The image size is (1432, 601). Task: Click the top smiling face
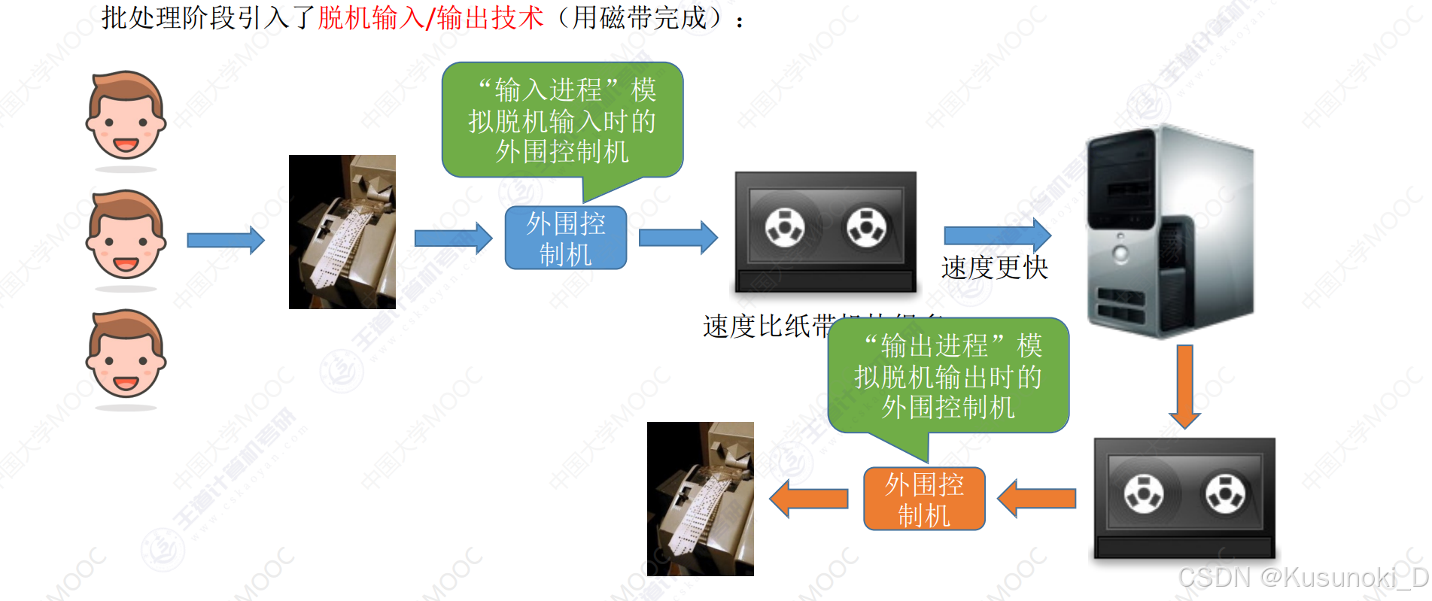126,117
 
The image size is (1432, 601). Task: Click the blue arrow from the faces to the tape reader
226,240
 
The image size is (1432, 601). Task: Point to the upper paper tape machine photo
342,232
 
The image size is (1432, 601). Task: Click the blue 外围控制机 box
565,238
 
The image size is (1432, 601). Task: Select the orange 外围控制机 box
924,499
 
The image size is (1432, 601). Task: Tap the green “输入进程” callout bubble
562,120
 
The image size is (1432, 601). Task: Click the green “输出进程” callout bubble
948,376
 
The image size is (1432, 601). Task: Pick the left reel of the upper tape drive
785,226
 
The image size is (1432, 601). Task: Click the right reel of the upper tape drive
866,226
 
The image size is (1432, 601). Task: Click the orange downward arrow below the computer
1184,386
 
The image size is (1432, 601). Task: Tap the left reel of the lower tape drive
1144,493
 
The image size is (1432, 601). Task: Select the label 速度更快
994,267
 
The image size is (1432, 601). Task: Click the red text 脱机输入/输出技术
430,17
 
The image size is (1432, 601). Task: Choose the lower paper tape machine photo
701,499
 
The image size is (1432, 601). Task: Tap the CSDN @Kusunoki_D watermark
1303,578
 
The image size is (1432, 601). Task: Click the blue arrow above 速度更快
997,235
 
